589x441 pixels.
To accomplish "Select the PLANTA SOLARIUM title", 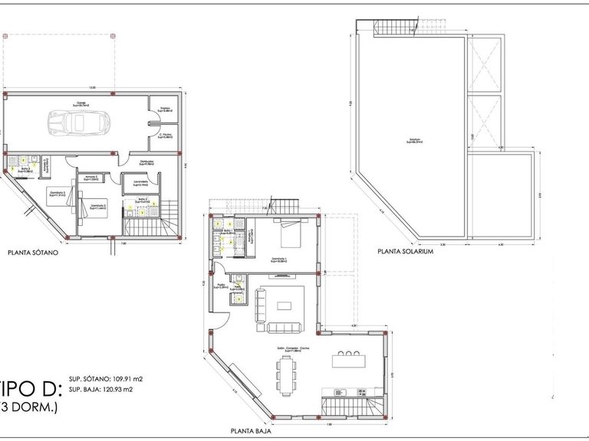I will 406,251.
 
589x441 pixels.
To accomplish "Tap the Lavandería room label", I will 140,182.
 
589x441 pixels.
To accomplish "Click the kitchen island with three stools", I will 350,361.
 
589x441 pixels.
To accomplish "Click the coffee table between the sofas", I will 285,305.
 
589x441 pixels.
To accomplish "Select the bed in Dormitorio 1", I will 291,237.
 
